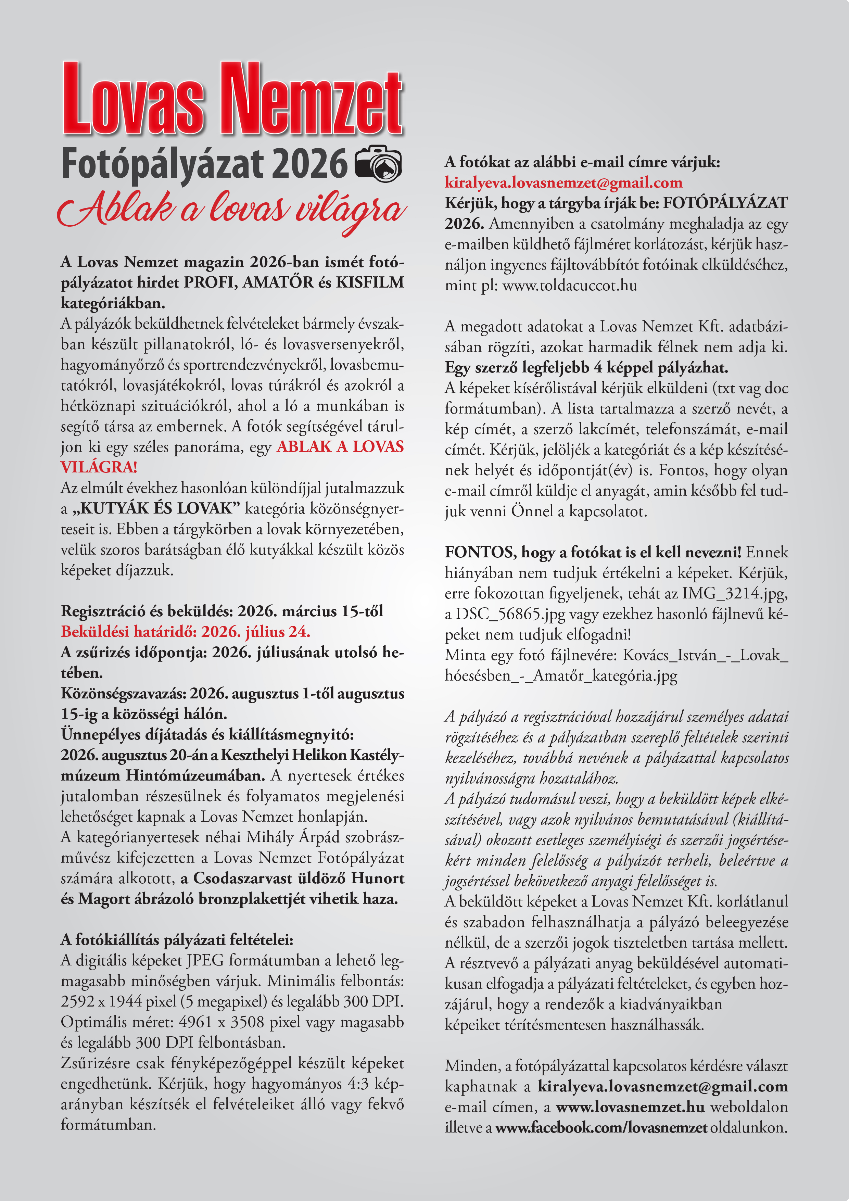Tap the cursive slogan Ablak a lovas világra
(232, 209)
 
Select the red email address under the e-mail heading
(563, 182)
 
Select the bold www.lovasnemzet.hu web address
(630, 1107)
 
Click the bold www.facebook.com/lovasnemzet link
(601, 1127)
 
